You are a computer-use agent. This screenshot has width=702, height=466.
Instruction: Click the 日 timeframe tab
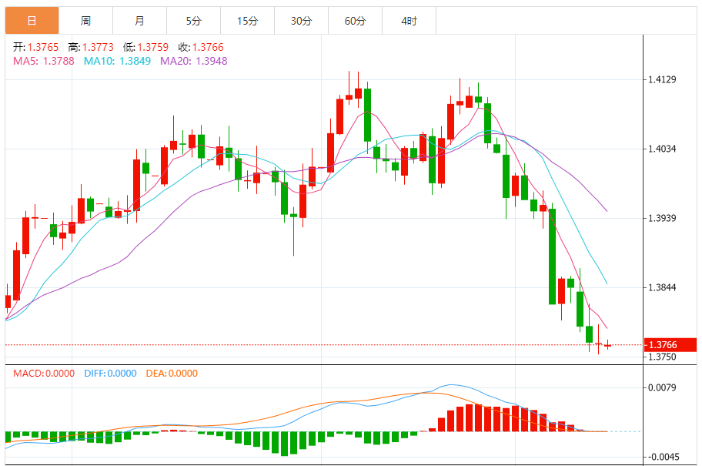point(32,21)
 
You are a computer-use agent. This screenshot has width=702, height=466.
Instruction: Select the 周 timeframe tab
point(85,21)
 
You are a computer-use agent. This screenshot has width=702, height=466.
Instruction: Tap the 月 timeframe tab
point(139,21)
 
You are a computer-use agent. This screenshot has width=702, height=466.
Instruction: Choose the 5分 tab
point(193,21)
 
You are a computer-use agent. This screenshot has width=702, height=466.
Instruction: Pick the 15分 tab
point(247,21)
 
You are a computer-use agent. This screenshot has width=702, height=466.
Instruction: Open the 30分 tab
point(301,21)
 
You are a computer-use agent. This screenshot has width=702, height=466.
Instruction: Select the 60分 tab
point(355,21)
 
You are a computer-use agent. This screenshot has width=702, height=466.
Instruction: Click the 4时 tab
point(409,21)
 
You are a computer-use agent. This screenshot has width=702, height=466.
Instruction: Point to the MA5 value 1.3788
point(58,61)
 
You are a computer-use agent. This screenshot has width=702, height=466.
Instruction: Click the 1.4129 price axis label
point(662,79)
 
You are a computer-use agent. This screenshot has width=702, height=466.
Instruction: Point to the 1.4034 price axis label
point(662,149)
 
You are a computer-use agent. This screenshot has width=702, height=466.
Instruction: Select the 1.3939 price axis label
point(662,218)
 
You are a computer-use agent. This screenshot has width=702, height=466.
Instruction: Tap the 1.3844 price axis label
point(662,287)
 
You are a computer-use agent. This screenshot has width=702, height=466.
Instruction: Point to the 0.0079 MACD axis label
point(662,387)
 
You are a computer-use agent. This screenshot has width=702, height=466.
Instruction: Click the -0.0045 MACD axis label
point(662,456)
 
